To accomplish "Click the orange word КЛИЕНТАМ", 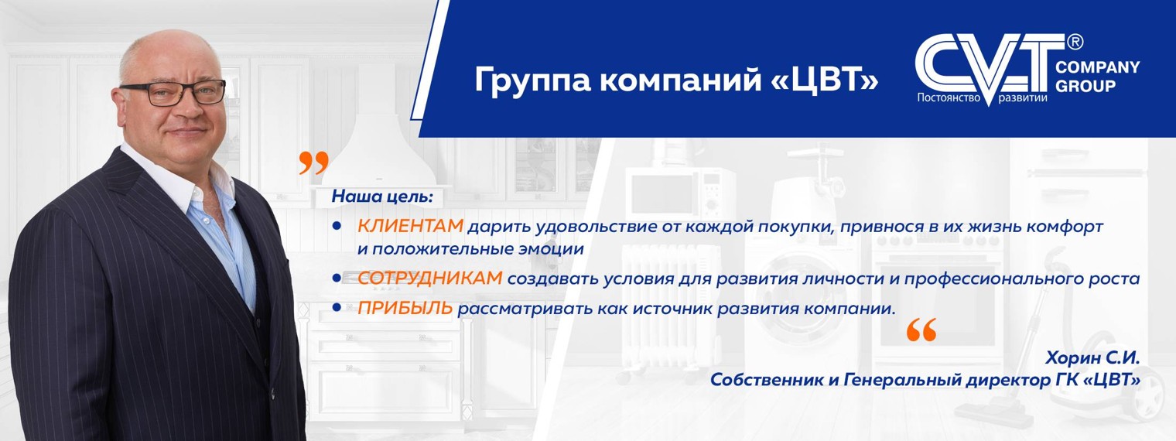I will [x=410, y=227].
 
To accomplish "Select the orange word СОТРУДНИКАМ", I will [x=430, y=279].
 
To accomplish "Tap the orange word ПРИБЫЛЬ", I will [x=405, y=309].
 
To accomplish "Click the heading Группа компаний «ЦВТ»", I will [x=676, y=80].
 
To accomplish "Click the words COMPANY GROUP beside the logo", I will [x=1097, y=77].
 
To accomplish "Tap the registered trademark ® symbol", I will [x=1075, y=40].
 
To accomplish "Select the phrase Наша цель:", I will [x=382, y=197].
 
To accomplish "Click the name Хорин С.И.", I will [x=1092, y=358].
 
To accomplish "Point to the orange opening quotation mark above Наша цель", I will [x=313, y=163].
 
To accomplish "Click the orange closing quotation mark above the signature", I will [x=921, y=330].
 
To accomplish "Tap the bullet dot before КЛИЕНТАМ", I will [x=337, y=227].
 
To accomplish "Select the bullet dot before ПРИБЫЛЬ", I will [x=337, y=308].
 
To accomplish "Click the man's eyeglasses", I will [x=173, y=92].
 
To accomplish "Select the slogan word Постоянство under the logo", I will [x=949, y=98].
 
